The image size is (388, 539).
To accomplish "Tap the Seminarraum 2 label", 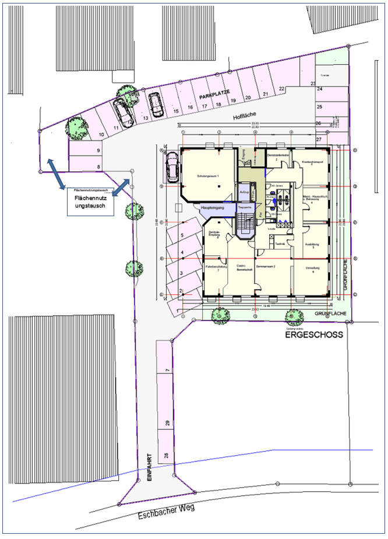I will click(x=264, y=265).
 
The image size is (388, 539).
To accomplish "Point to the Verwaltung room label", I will click(x=313, y=269).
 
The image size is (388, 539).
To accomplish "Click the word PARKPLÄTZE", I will click(x=214, y=94).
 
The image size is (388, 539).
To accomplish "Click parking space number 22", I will click(x=281, y=89).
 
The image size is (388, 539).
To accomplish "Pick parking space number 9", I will click(x=98, y=150).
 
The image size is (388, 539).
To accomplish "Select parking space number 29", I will click(x=167, y=424).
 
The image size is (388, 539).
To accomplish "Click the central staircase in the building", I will click(x=244, y=224).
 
